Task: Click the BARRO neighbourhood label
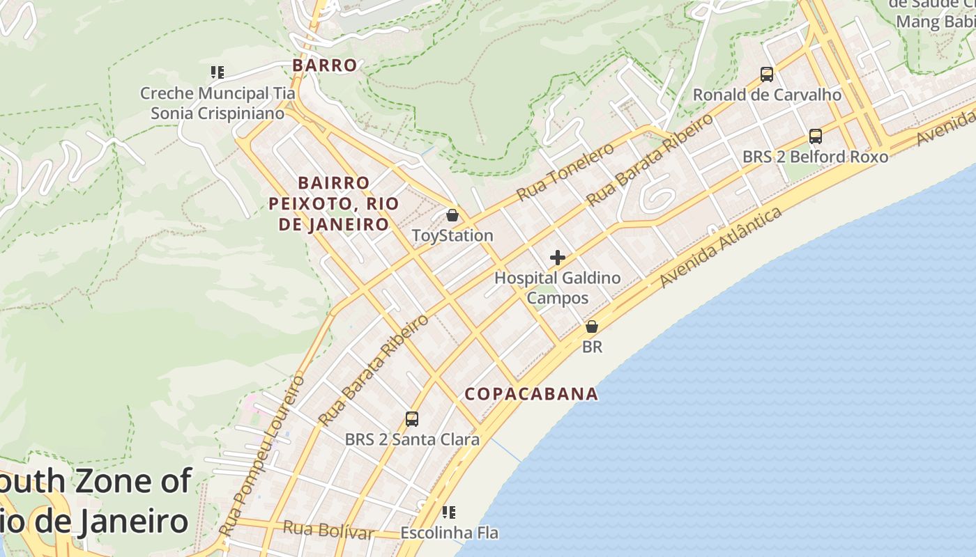coord(325,65)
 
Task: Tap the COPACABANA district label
coord(531,394)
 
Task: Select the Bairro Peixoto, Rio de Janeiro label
coord(334,203)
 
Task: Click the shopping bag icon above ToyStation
coord(452,215)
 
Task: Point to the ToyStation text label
coord(452,235)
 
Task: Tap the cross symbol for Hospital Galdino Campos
coord(558,258)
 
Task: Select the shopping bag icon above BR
coord(592,326)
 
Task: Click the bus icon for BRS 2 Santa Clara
coord(412,419)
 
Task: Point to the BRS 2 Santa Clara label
coord(412,439)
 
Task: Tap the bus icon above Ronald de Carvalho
coord(767,74)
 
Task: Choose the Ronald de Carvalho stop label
coord(767,95)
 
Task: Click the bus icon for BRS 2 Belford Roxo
coord(816,136)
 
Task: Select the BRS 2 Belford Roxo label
coord(815,157)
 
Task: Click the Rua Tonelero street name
coord(565,172)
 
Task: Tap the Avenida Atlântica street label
coord(721,248)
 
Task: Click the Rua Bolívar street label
coord(328,530)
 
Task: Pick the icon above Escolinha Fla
coord(449,513)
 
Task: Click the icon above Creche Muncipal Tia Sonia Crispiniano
coord(218,72)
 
